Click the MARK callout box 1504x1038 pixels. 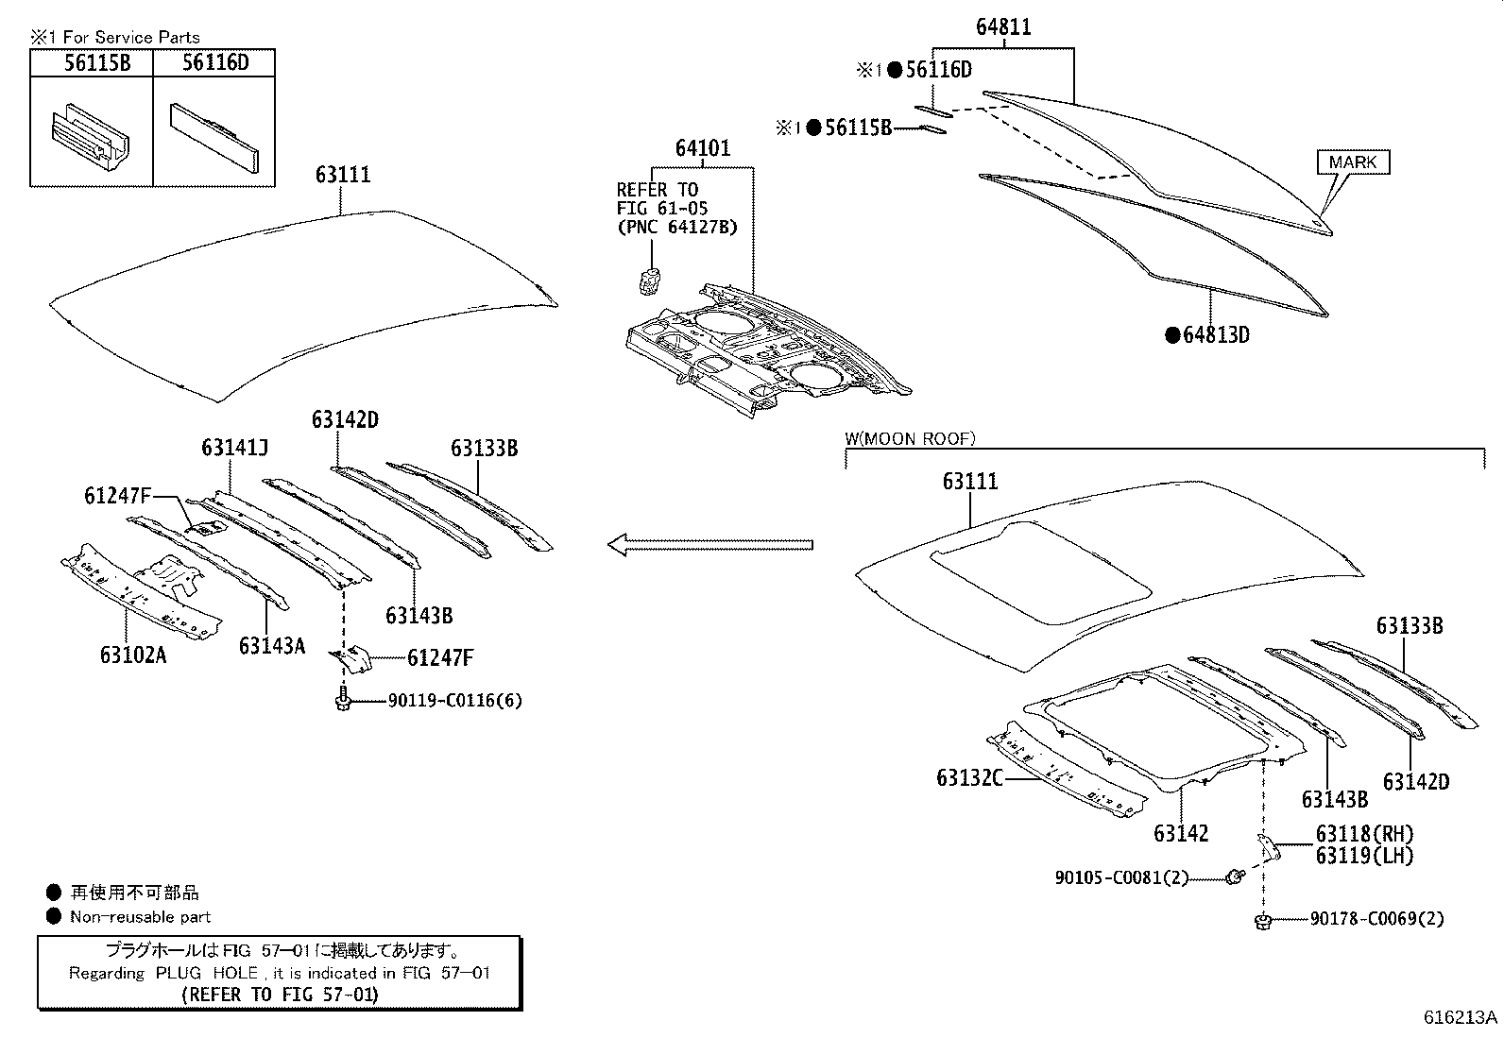(x=1353, y=162)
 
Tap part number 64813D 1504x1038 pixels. (x=1215, y=335)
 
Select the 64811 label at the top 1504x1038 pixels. (x=1003, y=27)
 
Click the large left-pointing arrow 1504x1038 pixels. (x=709, y=545)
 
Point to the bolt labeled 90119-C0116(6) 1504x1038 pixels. (x=342, y=701)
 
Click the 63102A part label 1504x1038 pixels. (x=132, y=654)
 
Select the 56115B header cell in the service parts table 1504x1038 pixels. (x=92, y=63)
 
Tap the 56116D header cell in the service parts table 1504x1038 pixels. (x=214, y=63)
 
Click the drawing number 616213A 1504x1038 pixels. (x=1461, y=1017)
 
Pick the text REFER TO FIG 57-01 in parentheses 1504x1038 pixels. (x=279, y=995)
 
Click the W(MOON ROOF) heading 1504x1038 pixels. (x=910, y=438)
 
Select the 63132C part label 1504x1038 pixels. (x=969, y=777)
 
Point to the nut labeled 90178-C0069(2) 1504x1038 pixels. (x=1262, y=920)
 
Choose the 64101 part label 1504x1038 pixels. (x=702, y=149)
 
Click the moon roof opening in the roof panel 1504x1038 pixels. (x=1040, y=570)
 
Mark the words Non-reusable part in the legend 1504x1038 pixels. (x=140, y=917)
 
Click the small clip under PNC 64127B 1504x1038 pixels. (x=650, y=280)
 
